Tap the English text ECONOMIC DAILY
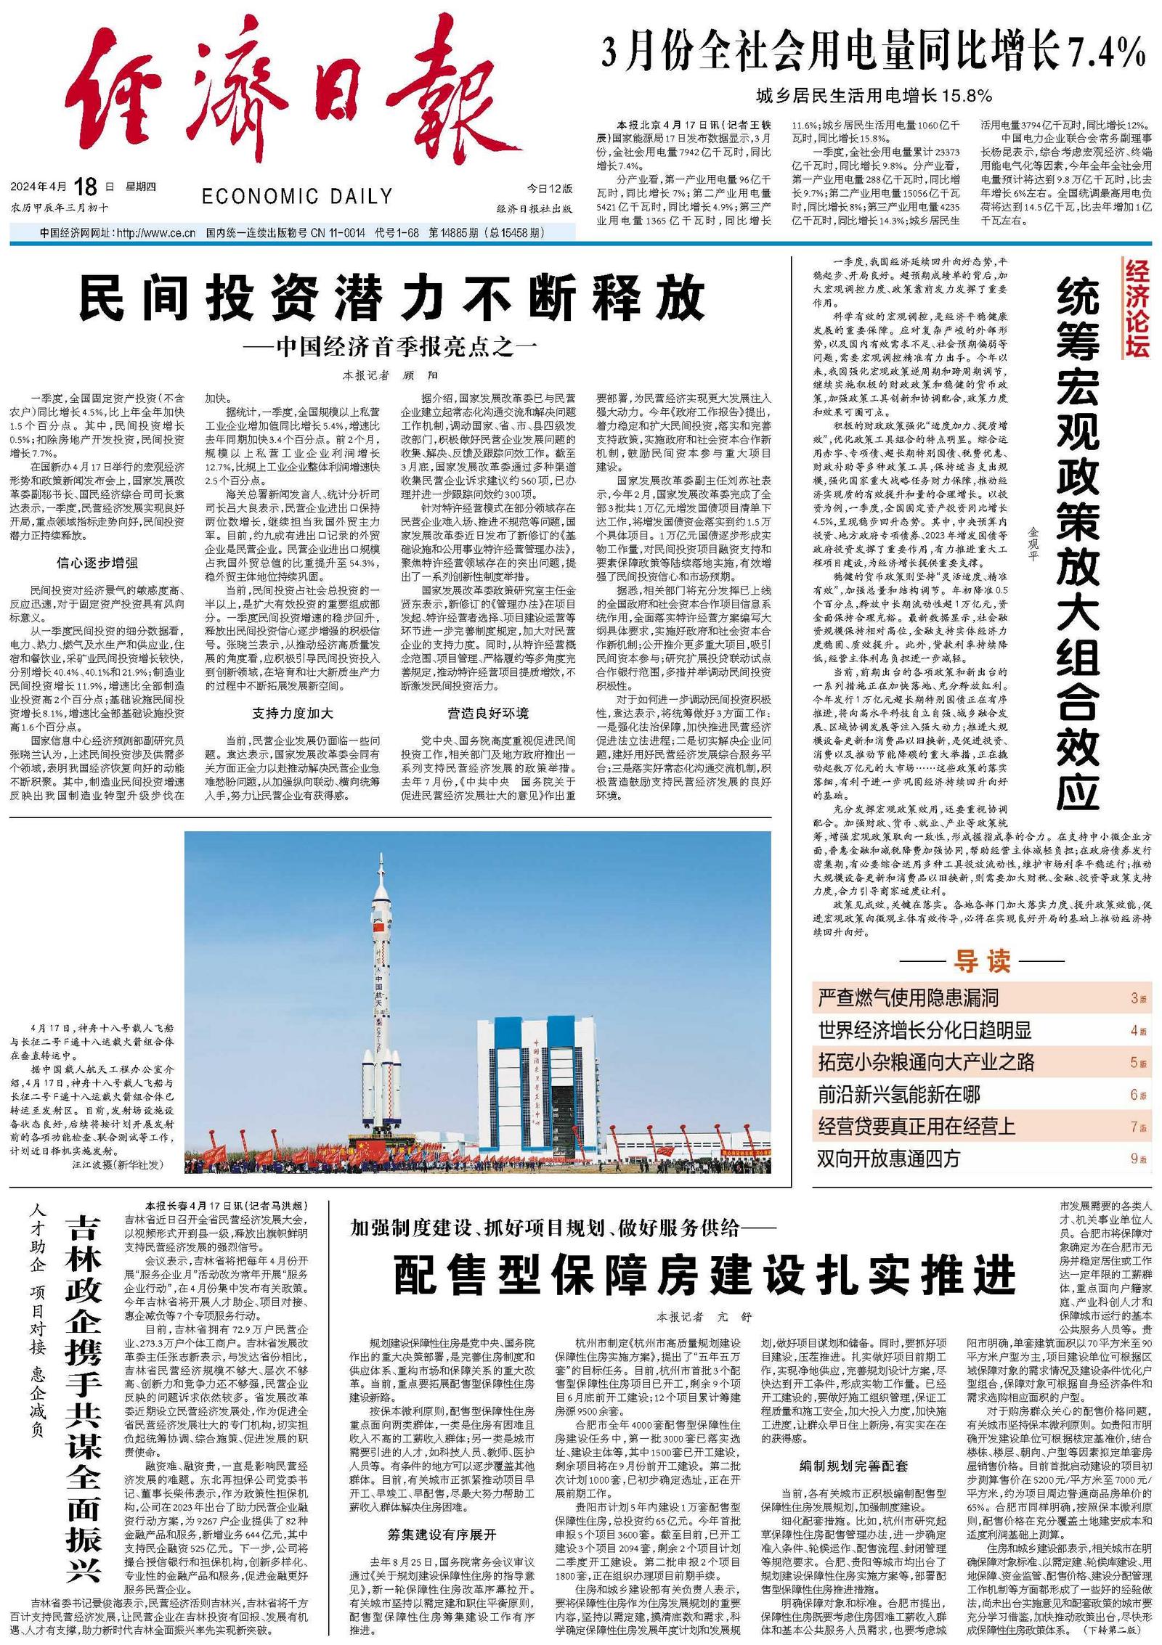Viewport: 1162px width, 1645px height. (297, 196)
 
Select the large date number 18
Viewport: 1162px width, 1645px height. (85, 187)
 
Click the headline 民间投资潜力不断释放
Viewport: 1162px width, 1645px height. (392, 298)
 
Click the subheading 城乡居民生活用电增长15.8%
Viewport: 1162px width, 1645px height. (874, 95)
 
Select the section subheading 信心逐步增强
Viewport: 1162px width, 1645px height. (97, 563)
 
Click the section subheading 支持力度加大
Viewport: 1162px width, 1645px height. (293, 713)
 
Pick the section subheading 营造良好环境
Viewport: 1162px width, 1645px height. (488, 713)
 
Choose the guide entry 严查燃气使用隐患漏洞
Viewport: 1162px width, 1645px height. (908, 997)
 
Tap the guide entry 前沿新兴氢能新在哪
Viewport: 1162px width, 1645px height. (899, 1094)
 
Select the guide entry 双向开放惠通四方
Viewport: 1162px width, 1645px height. (888, 1159)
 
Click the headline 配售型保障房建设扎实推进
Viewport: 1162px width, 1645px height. (704, 1274)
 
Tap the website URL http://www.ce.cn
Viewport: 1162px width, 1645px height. (156, 233)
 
